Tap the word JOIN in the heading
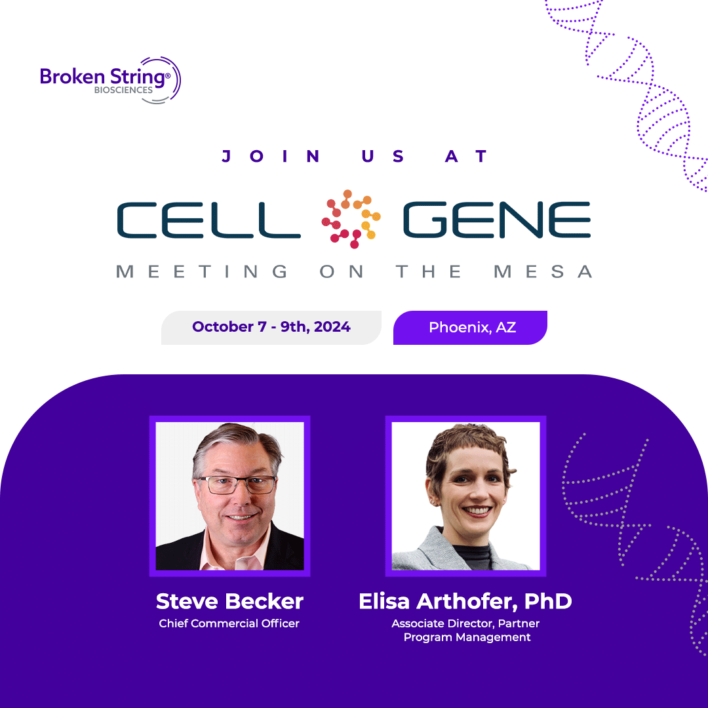click(x=271, y=157)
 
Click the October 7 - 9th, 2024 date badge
click(x=271, y=327)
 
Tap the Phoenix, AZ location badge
click(x=471, y=327)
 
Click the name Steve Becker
click(x=229, y=600)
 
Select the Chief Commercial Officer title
click(x=229, y=623)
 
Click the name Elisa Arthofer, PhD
click(x=465, y=600)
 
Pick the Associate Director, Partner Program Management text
click(x=465, y=630)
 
